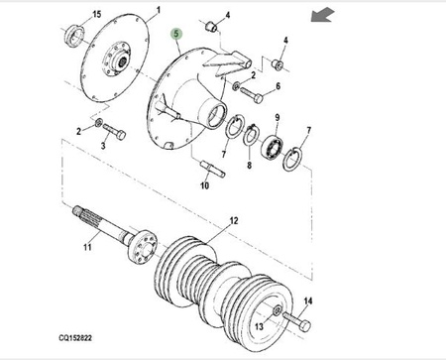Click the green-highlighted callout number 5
click(176, 34)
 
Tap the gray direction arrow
click(323, 16)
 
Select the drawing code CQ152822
click(75, 338)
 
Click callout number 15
click(96, 15)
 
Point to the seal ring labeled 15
click(74, 35)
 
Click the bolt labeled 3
click(114, 132)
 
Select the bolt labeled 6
click(252, 94)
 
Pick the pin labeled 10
click(213, 169)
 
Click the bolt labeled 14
click(296, 321)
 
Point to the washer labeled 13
click(278, 310)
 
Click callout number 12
click(234, 220)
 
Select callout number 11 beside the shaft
click(87, 247)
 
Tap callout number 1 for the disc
click(159, 10)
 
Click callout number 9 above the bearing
click(278, 117)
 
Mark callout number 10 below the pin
click(205, 185)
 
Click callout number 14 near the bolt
click(307, 301)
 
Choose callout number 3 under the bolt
click(103, 146)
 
